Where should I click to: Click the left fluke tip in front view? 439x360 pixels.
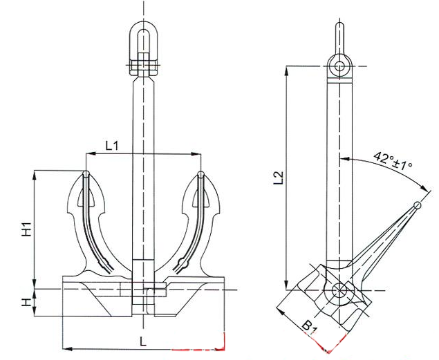coord(86,173)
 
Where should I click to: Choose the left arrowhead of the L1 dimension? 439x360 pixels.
coord(89,153)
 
